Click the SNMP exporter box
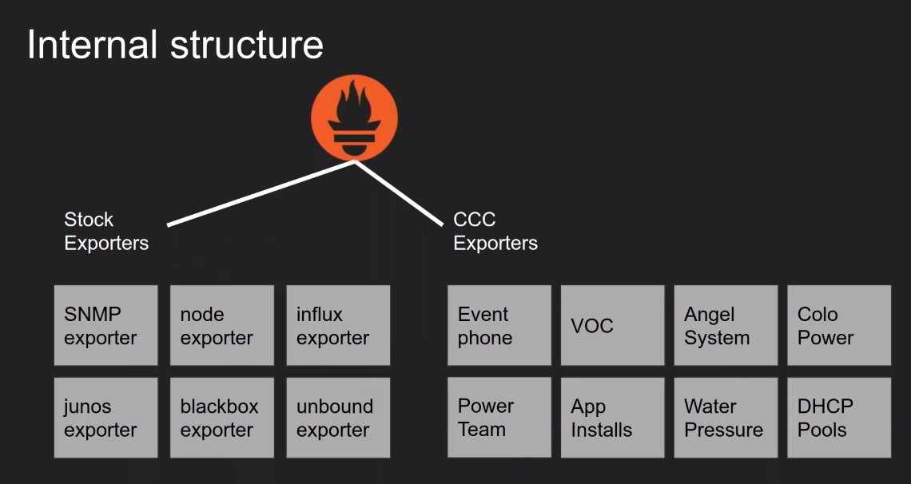coord(105,325)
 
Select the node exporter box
coord(222,325)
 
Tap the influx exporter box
coord(338,325)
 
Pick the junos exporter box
coord(105,418)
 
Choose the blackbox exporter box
coord(222,418)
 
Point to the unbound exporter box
coord(338,418)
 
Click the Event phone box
coord(499,325)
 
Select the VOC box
coord(612,325)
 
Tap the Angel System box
coord(726,325)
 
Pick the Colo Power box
coord(839,325)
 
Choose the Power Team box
coord(499,417)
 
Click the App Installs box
coord(612,418)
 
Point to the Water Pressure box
coord(726,418)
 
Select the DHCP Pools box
coord(839,418)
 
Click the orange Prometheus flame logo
coord(354,118)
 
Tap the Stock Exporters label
coord(106,231)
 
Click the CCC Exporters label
coord(495,231)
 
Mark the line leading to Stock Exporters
coord(261,192)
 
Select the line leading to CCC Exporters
coord(399,192)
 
